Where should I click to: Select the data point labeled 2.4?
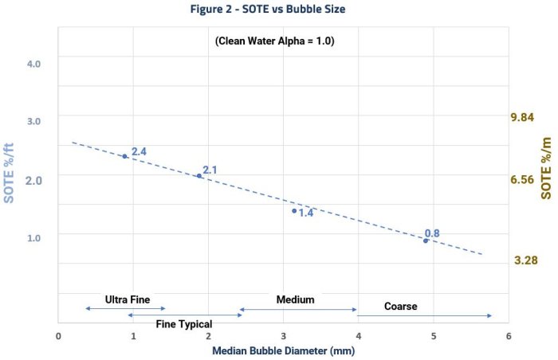(x=125, y=156)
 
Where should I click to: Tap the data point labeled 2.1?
(x=199, y=175)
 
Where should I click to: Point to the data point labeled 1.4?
(x=294, y=210)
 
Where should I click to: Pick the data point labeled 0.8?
(x=426, y=240)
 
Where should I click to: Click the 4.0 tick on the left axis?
(x=33, y=62)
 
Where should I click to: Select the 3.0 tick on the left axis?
(x=33, y=120)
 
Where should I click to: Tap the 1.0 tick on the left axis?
(x=33, y=237)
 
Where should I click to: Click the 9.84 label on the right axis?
(x=521, y=118)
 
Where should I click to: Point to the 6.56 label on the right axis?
(x=521, y=180)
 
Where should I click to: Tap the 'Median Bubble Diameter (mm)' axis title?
(x=282, y=350)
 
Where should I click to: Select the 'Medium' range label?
(x=295, y=299)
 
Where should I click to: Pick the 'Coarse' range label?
(x=400, y=306)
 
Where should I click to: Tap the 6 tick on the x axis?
(x=508, y=335)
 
